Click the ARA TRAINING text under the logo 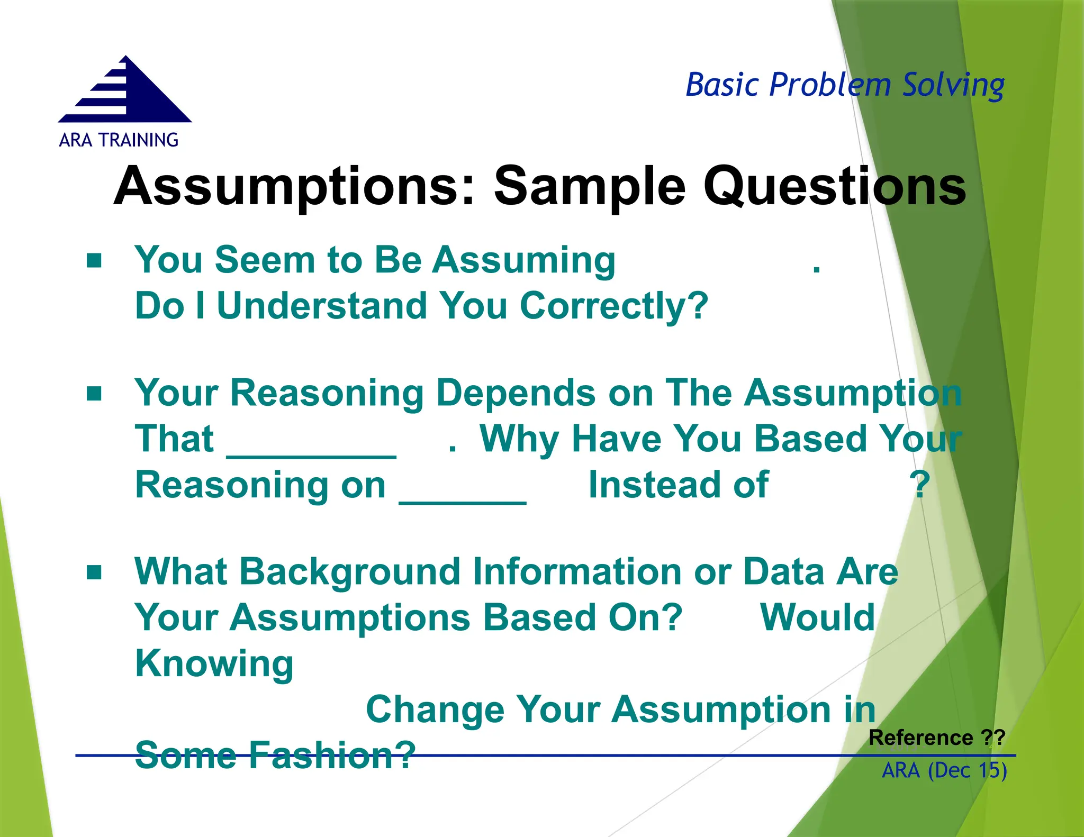(119, 140)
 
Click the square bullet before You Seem (94, 260)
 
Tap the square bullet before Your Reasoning (94, 394)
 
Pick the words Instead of (678, 485)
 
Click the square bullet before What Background (94, 572)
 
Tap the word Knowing (214, 663)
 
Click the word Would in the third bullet (817, 617)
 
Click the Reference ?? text (936, 738)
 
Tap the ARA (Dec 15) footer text (944, 770)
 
